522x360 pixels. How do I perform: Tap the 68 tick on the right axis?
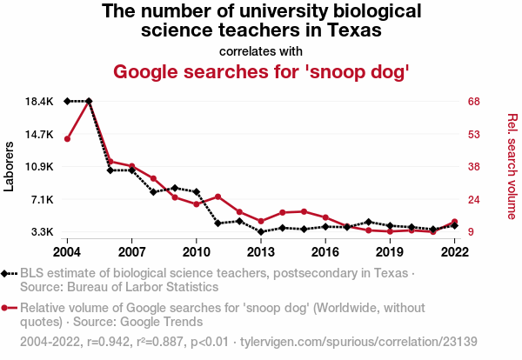point(473,102)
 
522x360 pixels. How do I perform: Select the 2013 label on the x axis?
point(260,251)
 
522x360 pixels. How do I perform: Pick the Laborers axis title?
point(10,166)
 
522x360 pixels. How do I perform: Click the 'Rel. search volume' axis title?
point(512,166)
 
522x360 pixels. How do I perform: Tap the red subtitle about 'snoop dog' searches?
point(261,70)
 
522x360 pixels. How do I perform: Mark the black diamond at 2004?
point(67,102)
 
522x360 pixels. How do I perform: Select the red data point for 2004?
point(67,139)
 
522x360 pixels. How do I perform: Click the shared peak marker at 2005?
point(89,102)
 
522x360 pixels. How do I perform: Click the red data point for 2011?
point(217,197)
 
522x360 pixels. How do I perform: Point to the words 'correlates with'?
point(261,50)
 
